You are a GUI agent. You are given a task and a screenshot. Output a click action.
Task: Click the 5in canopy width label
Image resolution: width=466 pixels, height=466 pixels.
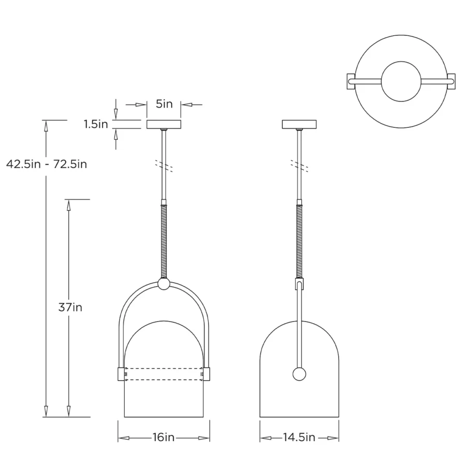164,104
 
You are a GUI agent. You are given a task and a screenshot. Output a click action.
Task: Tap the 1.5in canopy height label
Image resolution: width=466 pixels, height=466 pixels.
96,124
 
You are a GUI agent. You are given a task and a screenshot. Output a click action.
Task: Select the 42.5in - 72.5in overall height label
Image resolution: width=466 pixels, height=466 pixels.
47,164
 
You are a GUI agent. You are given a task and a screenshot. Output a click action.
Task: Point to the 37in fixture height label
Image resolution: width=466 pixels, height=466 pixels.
70,307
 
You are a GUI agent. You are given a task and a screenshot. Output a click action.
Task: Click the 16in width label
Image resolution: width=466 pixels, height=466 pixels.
164,437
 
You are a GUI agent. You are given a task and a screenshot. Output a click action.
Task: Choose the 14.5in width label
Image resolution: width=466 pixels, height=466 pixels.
299,437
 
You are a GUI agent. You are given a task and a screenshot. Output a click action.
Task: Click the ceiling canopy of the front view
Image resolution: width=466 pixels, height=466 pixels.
164,124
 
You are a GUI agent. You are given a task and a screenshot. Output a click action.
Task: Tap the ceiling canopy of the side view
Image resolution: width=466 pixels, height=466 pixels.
299,124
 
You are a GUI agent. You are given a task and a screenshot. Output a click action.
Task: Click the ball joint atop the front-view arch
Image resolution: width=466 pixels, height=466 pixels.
164,284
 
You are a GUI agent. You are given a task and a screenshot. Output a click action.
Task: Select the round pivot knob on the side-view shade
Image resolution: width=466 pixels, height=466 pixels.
299,374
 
